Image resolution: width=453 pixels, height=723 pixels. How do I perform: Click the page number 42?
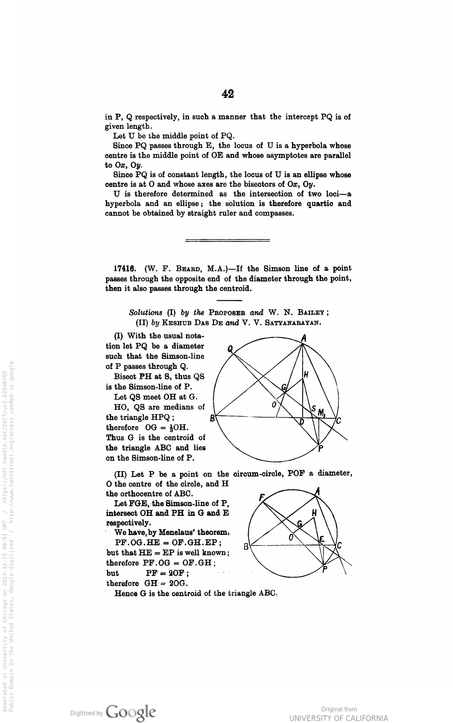[228, 94]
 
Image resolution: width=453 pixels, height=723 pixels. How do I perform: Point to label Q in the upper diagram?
[230, 349]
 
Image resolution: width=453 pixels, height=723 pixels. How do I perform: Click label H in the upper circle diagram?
[306, 374]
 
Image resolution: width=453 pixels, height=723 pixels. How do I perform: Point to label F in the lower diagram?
[262, 497]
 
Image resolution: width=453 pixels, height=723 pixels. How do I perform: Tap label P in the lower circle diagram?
[325, 570]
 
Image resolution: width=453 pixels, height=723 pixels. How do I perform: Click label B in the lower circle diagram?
[246, 547]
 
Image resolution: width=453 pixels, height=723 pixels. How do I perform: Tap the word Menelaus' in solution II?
[164, 532]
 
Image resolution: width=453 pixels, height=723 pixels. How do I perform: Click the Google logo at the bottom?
[131, 712]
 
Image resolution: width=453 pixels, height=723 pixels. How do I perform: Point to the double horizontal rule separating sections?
[228, 240]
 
